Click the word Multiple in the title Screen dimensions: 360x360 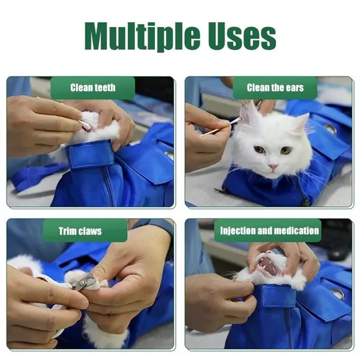tap(142, 36)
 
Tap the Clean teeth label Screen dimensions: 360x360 tap(93, 88)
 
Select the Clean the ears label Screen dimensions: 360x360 tap(275, 88)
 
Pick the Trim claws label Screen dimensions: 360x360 tap(80, 231)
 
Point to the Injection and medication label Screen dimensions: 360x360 tap(269, 230)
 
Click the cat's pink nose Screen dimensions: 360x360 tap(273, 166)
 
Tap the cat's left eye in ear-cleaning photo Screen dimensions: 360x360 tap(260, 149)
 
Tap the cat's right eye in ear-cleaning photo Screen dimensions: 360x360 tap(286, 151)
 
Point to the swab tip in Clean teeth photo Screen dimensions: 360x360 tap(85, 125)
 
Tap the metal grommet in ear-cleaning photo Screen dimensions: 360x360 tap(331, 129)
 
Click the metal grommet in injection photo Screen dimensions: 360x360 tap(338, 294)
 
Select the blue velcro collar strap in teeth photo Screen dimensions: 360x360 tap(90, 154)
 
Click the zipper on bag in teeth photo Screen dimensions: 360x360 tap(110, 186)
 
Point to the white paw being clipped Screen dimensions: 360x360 tap(76, 276)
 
